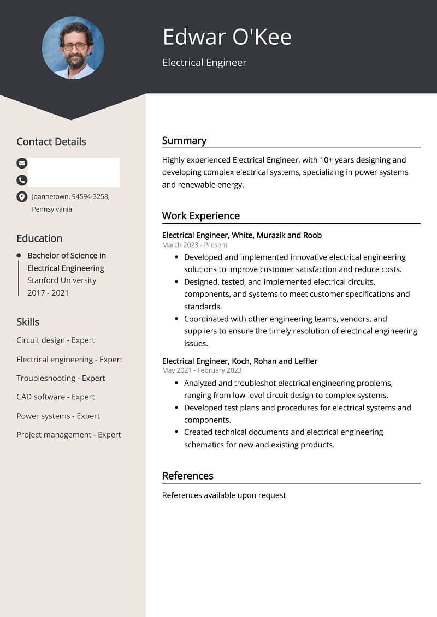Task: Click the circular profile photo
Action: pyautogui.click(x=73, y=47)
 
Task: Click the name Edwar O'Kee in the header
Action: pyautogui.click(x=227, y=37)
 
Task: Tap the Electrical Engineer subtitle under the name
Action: pyautogui.click(x=204, y=62)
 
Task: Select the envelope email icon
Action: pyautogui.click(x=22, y=163)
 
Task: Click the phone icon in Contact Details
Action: pyautogui.click(x=22, y=179)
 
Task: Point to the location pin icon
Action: pyautogui.click(x=22, y=197)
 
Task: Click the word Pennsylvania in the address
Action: pyautogui.click(x=52, y=209)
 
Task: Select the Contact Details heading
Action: pyautogui.click(x=51, y=141)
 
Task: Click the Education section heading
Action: pyautogui.click(x=39, y=238)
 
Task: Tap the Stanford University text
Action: pyautogui.click(x=62, y=280)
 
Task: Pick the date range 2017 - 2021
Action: pyautogui.click(x=48, y=293)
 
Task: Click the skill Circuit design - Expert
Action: pyautogui.click(x=55, y=340)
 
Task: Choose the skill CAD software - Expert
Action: pyautogui.click(x=55, y=397)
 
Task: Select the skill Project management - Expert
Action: pyautogui.click(x=68, y=434)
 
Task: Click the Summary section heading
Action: pyautogui.click(x=184, y=140)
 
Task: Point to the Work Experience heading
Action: pyautogui.click(x=200, y=215)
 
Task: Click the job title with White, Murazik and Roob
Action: pyautogui.click(x=241, y=235)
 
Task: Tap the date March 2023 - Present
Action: pyautogui.click(x=194, y=245)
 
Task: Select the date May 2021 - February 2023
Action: pyautogui.click(x=202, y=370)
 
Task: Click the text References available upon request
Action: pyautogui.click(x=224, y=495)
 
